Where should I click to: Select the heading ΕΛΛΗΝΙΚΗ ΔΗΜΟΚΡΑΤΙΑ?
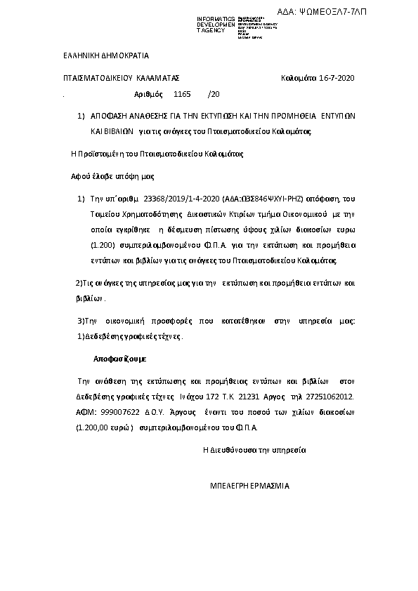click(x=101, y=55)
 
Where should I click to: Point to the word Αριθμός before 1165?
click(x=148, y=93)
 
